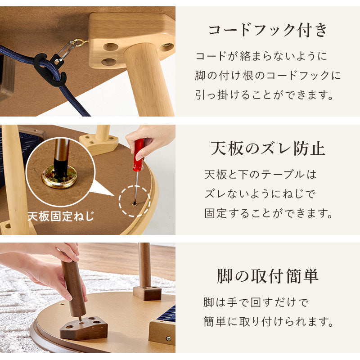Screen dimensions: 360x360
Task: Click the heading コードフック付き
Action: click(x=268, y=31)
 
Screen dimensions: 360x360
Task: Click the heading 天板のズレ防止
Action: click(x=268, y=148)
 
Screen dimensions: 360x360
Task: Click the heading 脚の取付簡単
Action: click(x=268, y=276)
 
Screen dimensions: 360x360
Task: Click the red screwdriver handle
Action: click(x=139, y=153)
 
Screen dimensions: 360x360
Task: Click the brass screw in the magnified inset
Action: click(x=59, y=176)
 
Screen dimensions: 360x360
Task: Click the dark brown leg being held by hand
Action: click(x=74, y=288)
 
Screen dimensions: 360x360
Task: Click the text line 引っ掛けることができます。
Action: click(x=265, y=95)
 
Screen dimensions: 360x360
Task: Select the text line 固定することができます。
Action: click(x=269, y=213)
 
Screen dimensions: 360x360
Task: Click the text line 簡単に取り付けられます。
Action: click(x=269, y=322)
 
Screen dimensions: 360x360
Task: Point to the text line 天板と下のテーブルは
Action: click(x=261, y=174)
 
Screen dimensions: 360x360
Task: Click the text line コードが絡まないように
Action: click(x=261, y=56)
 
